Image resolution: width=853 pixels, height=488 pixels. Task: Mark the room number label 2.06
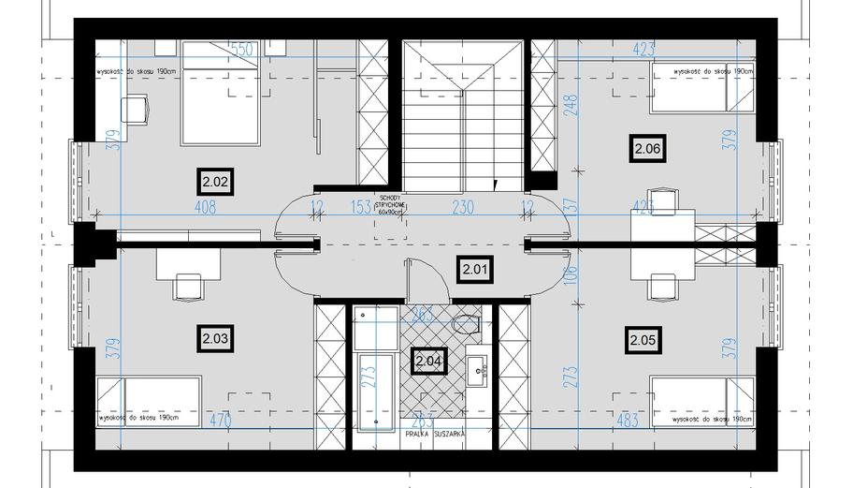pos(648,148)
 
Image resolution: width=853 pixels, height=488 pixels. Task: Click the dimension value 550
pos(243,49)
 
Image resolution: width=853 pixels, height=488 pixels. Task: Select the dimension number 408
pos(206,207)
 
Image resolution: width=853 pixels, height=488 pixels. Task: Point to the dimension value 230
pos(463,207)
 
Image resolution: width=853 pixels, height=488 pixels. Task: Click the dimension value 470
pos(218,421)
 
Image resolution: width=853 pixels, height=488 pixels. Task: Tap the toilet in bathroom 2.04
pos(464,323)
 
